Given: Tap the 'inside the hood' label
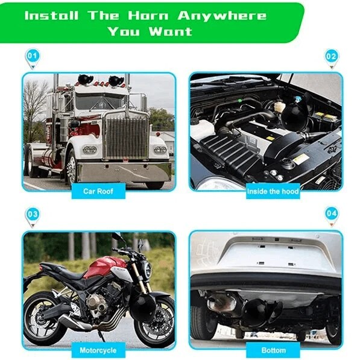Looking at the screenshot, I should pyautogui.click(x=272, y=192).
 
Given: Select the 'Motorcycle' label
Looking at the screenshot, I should pyautogui.click(x=98, y=350).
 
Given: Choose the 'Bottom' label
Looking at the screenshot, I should pyautogui.click(x=273, y=350).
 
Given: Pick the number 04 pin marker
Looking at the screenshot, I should pyautogui.click(x=331, y=214).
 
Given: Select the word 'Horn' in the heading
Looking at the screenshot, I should pyautogui.click(x=147, y=14).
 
